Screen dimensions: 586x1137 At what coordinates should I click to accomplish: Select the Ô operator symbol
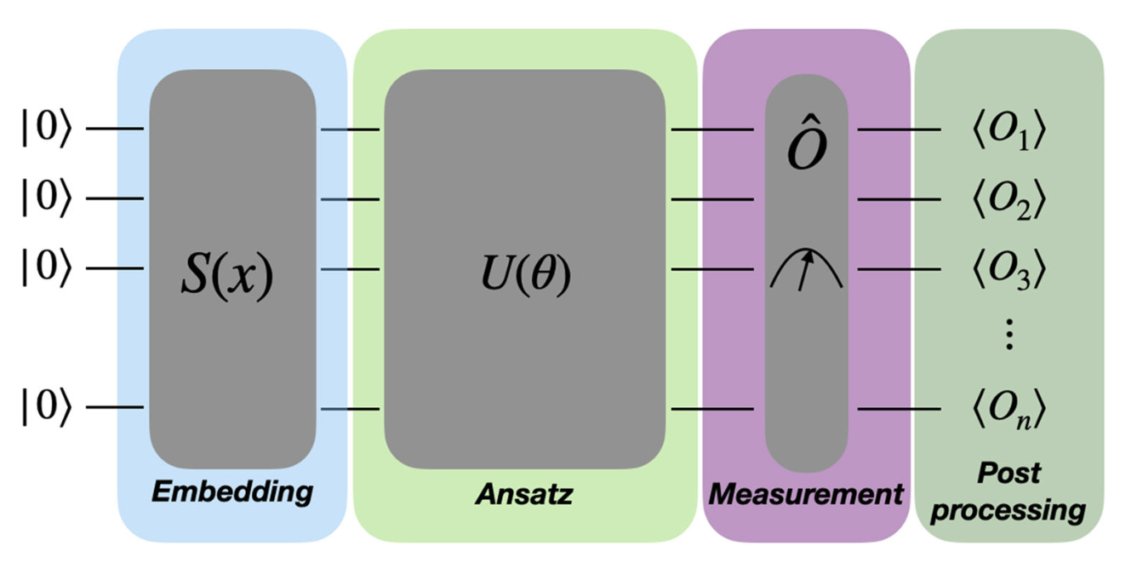point(806,146)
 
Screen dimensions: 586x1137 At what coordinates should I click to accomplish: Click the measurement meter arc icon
point(806,270)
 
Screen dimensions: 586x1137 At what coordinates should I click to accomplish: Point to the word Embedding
point(232,492)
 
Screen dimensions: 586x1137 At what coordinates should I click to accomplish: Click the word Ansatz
point(523,493)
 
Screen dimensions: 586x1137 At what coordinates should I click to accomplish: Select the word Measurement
point(806,493)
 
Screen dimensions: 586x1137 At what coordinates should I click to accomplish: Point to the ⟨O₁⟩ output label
point(1006,131)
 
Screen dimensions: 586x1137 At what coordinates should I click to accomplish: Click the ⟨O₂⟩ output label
point(1006,200)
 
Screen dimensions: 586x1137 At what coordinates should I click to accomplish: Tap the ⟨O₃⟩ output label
point(1006,270)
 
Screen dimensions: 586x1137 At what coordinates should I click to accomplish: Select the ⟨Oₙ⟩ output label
point(1006,410)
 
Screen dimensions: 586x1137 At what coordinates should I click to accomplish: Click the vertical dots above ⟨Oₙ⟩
point(1008,337)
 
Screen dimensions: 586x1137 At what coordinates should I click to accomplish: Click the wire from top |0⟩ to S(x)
point(115,129)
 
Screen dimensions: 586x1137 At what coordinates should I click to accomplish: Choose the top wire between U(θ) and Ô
point(712,130)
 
